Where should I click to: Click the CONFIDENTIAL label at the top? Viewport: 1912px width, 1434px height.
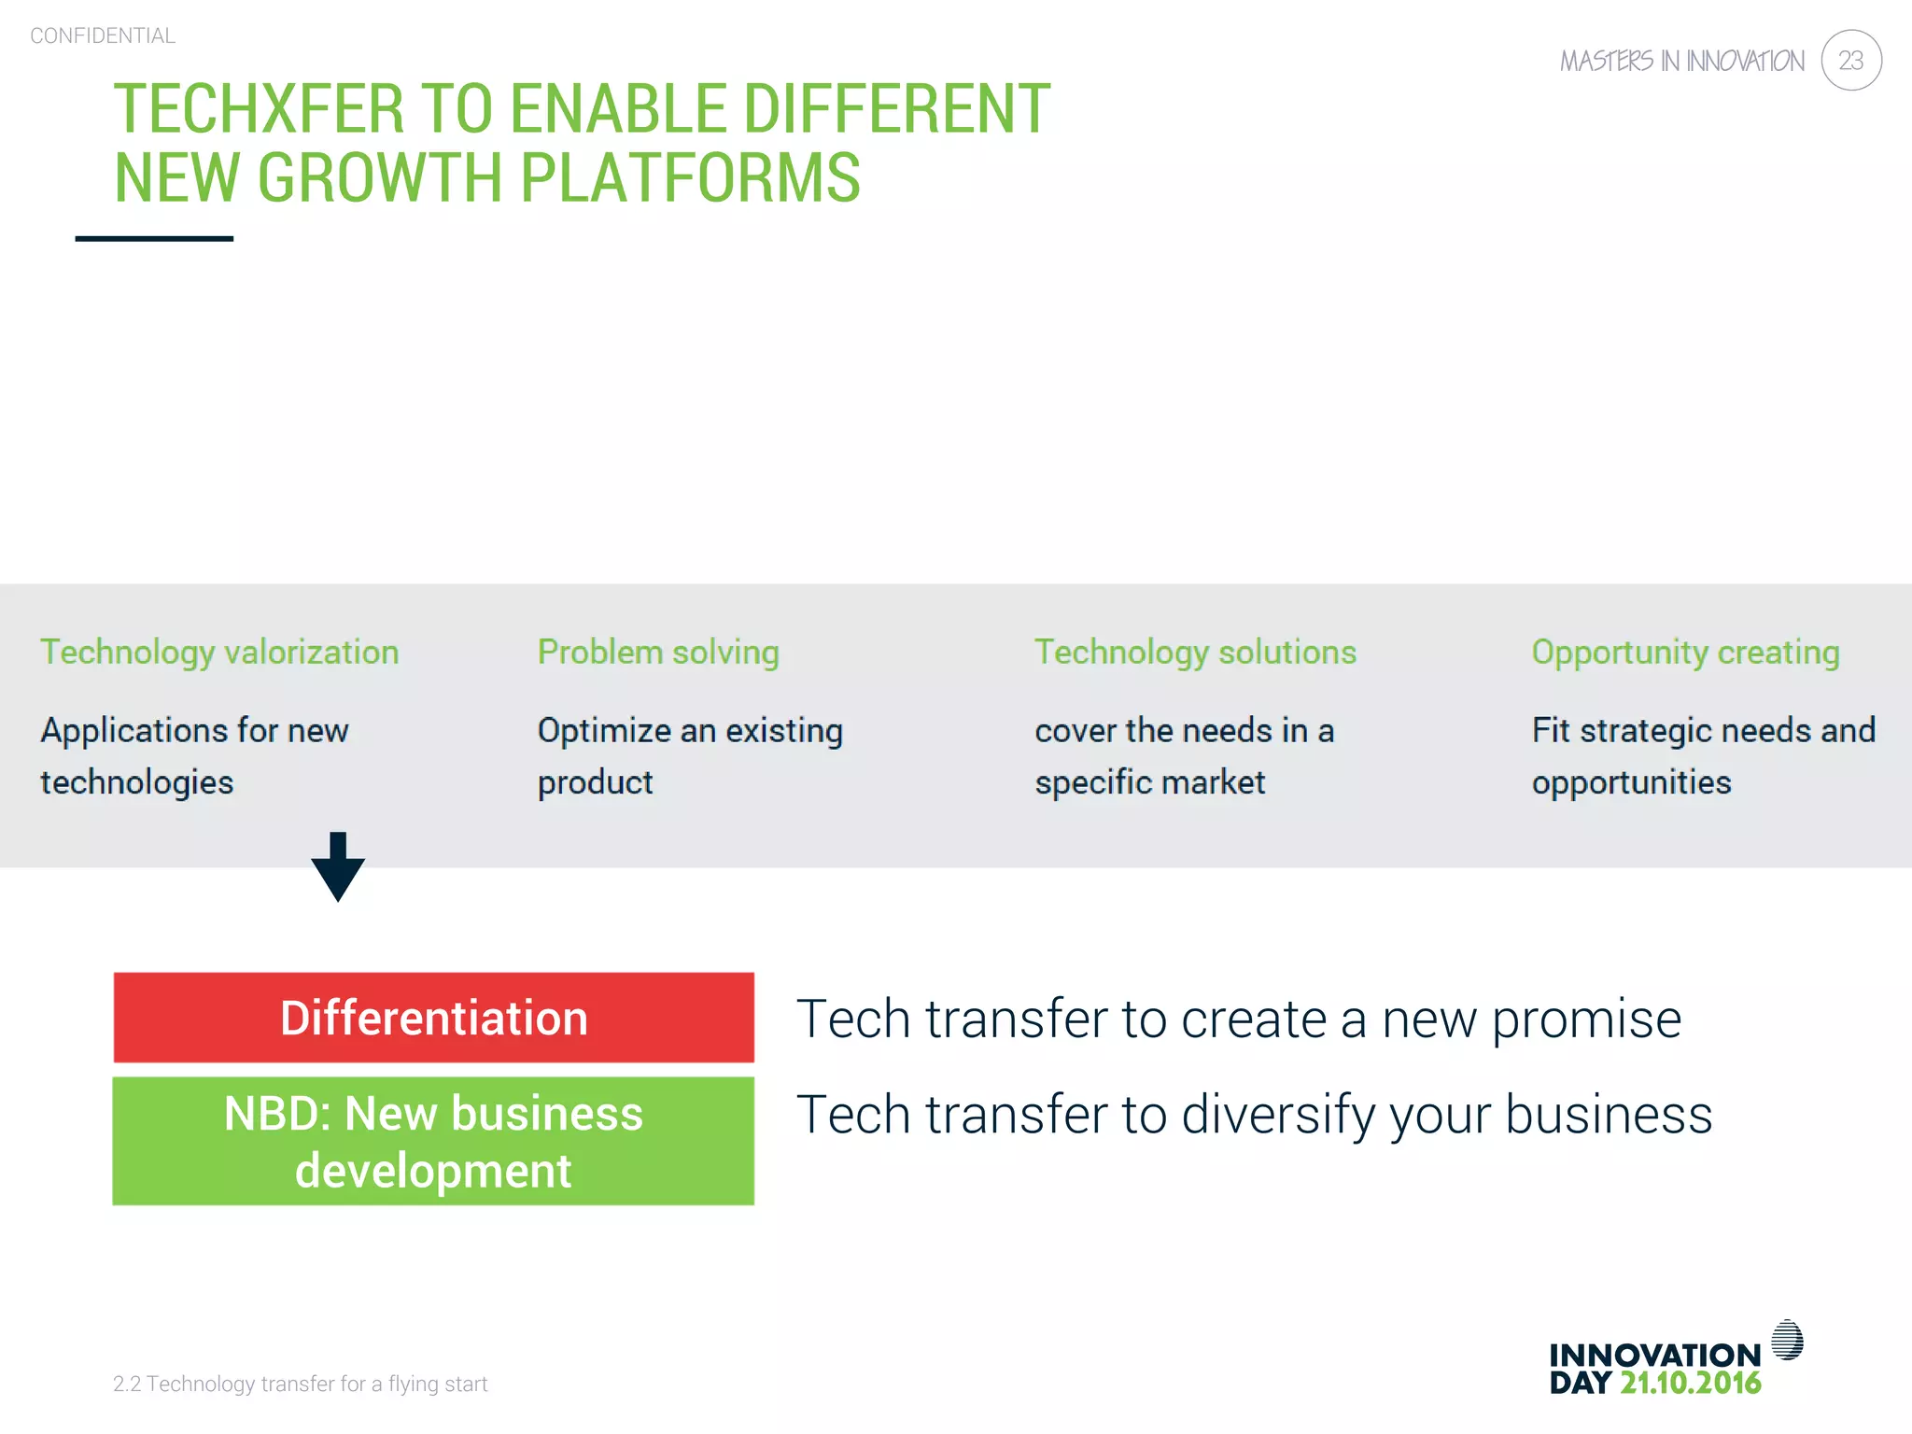(103, 36)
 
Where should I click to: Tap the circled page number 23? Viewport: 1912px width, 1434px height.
(1850, 61)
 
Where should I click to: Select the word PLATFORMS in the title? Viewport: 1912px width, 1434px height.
(690, 178)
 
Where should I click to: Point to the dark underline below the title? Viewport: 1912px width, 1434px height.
(154, 239)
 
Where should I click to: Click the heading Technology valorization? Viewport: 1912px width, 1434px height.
(219, 652)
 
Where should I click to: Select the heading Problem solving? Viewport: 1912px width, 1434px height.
(658, 652)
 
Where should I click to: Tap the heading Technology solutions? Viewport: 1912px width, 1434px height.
(1195, 652)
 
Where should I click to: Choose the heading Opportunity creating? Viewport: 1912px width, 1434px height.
(1685, 652)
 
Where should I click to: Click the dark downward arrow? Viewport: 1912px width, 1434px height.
(338, 868)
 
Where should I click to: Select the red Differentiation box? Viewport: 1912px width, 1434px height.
(433, 1018)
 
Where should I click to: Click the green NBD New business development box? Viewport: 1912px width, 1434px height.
(433, 1141)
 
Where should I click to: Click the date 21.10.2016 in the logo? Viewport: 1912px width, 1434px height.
(1690, 1383)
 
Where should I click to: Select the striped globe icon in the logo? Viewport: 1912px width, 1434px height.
(1787, 1340)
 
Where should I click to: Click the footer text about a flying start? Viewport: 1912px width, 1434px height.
(300, 1384)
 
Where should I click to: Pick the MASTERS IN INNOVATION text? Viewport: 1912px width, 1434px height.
(1681, 62)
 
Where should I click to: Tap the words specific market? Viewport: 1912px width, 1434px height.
(1149, 782)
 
